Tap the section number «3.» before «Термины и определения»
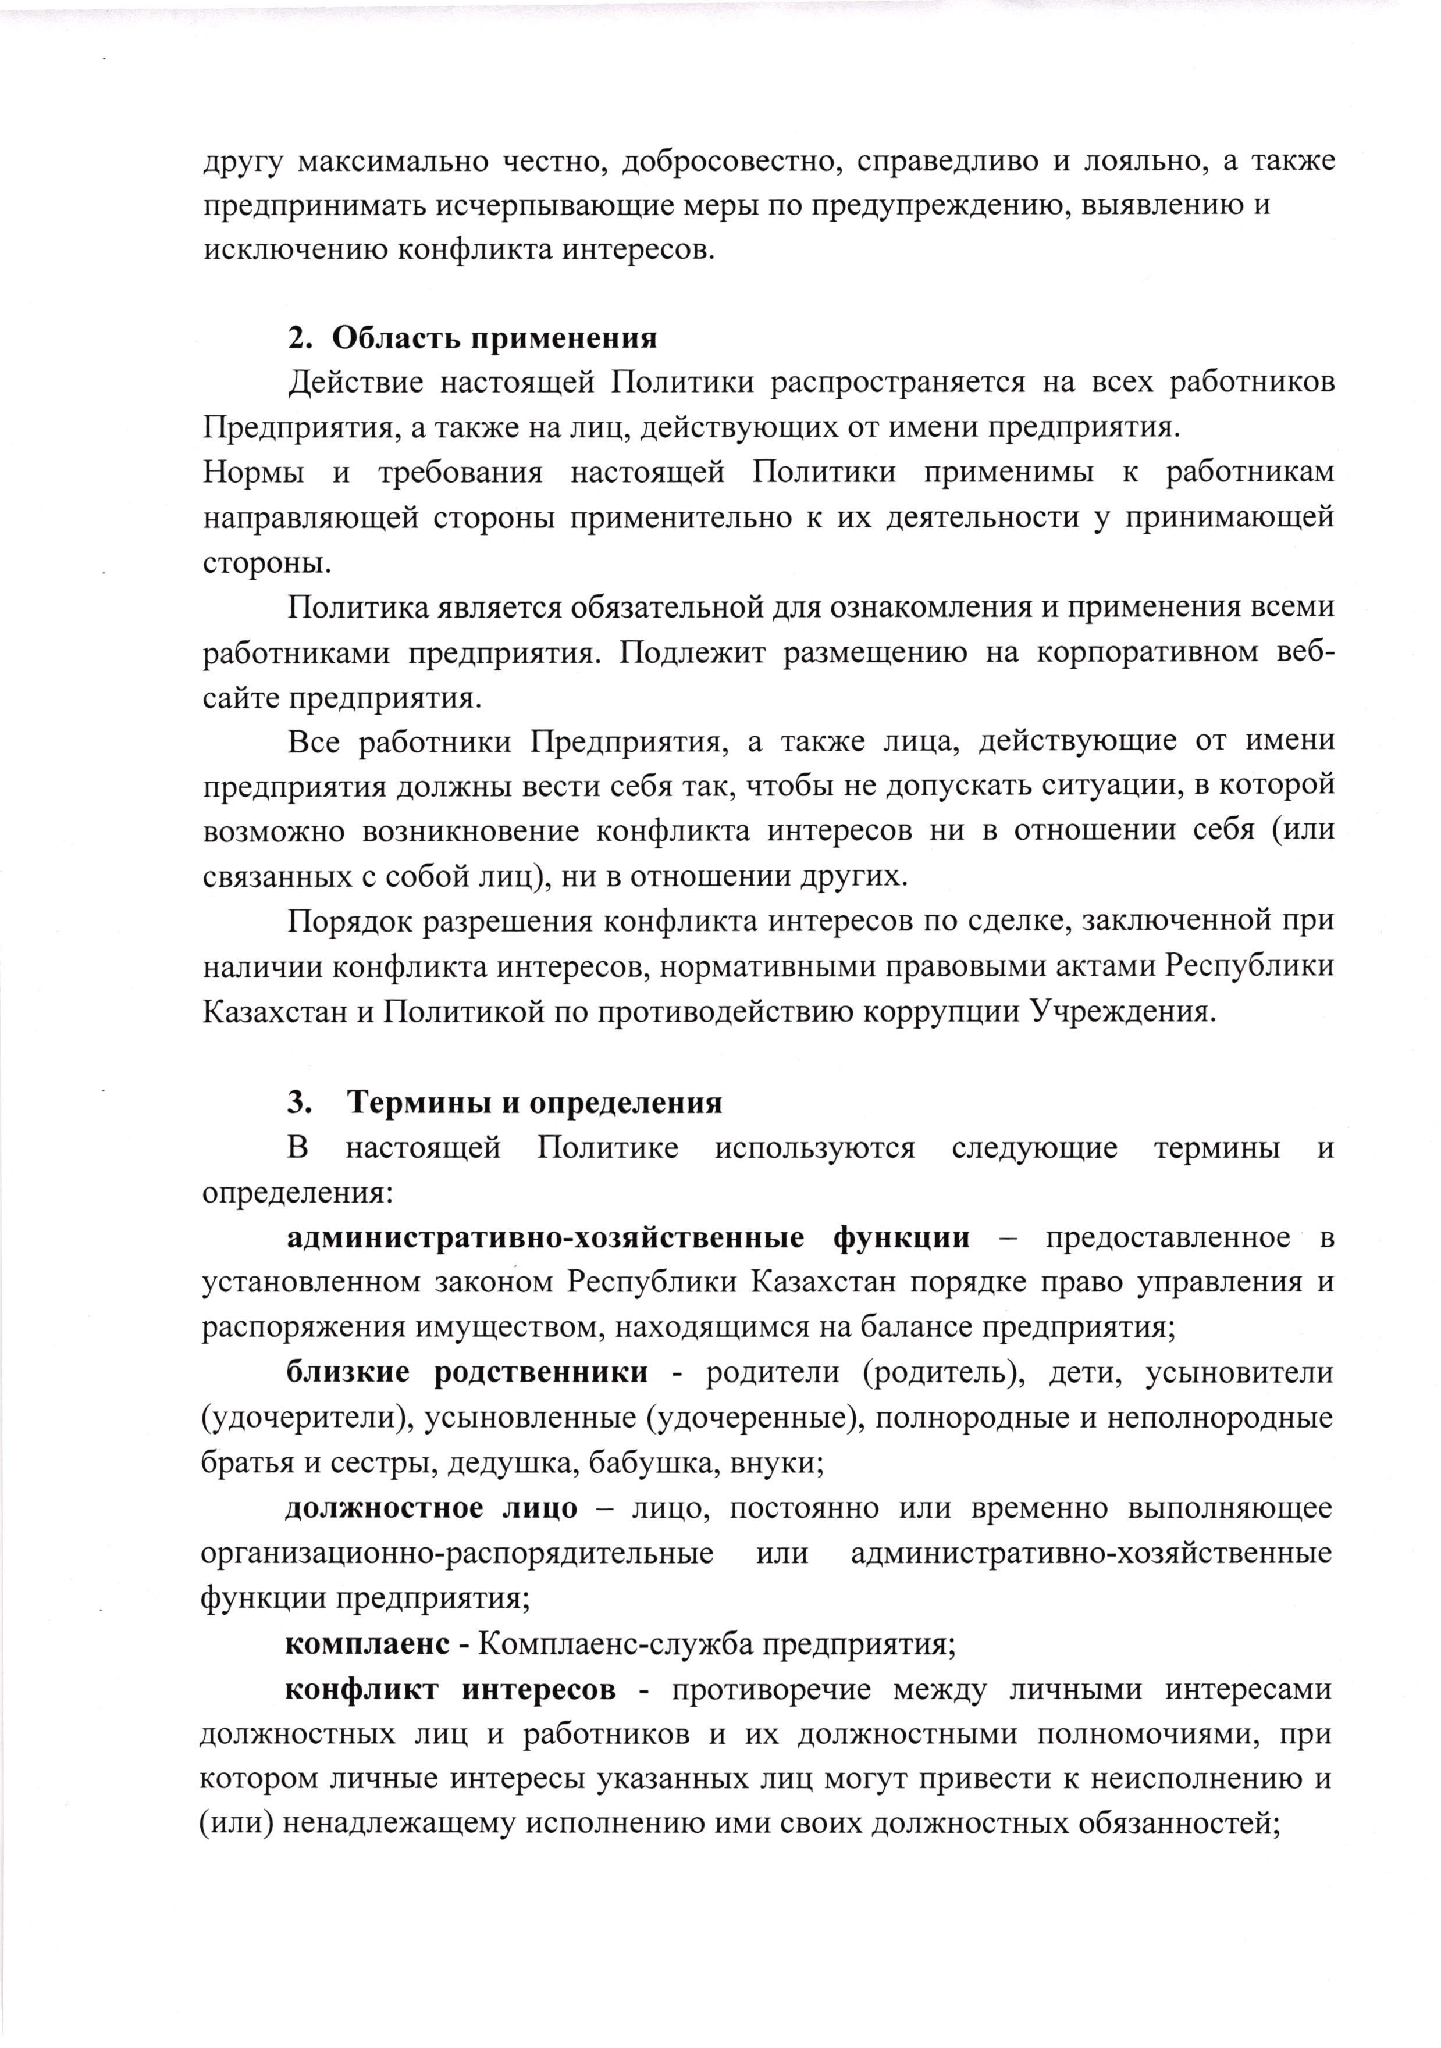(299, 1104)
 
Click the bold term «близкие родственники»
(467, 1373)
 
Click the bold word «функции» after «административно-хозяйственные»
(901, 1238)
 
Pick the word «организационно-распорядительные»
(457, 1553)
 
